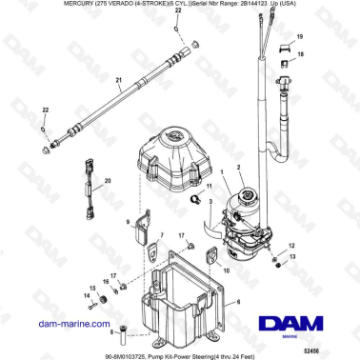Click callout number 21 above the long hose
pos(118,80)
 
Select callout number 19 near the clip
pos(301,35)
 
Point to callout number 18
pos(301,56)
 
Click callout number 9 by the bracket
pos(128,221)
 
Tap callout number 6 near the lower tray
pos(238,301)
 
